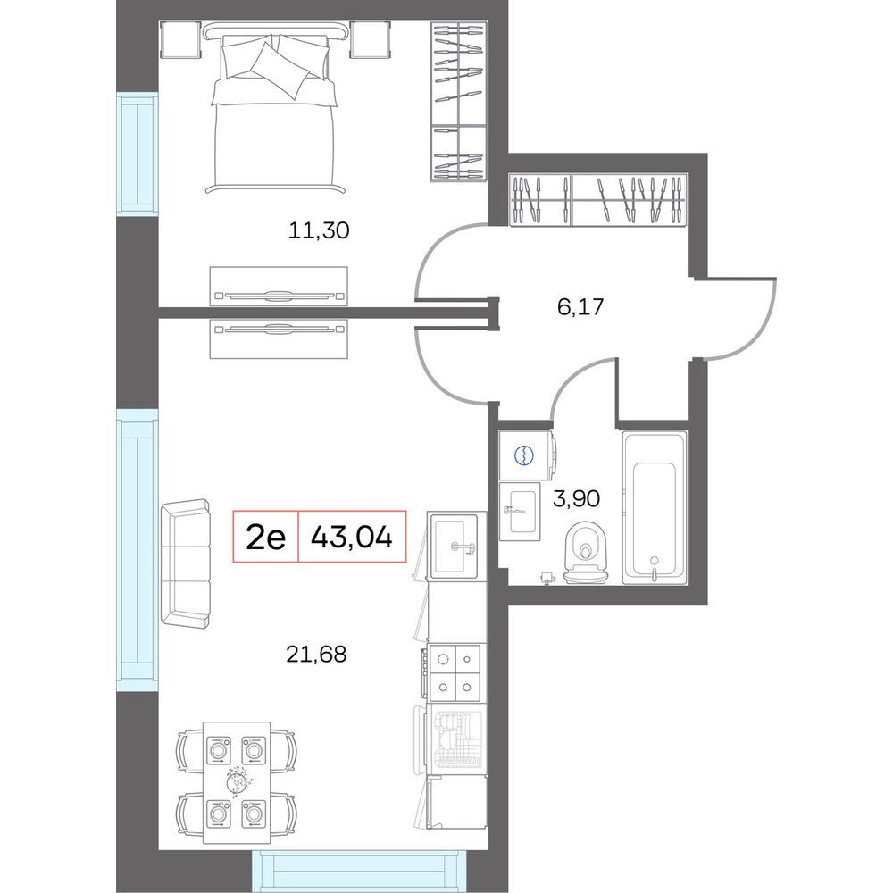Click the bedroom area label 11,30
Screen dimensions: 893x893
pyautogui.click(x=319, y=230)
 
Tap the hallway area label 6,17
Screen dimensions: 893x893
pyautogui.click(x=580, y=307)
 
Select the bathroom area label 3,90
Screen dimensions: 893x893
pyautogui.click(x=576, y=498)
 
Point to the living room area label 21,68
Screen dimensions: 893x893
pyautogui.click(x=316, y=655)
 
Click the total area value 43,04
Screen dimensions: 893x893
pyautogui.click(x=352, y=537)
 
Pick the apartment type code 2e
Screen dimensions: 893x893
pyautogui.click(x=265, y=537)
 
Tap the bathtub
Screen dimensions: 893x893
pyautogui.click(x=655, y=507)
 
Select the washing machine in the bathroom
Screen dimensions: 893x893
pyautogui.click(x=526, y=455)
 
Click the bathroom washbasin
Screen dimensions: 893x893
pyautogui.click(x=520, y=512)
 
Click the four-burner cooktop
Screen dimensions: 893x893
pyautogui.click(x=455, y=673)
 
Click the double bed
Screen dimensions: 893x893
pyautogui.click(x=274, y=108)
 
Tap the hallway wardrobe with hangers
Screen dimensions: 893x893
pyautogui.click(x=598, y=200)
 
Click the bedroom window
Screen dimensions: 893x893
pyautogui.click(x=138, y=154)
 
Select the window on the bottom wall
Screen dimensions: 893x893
pyautogui.click(x=359, y=871)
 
